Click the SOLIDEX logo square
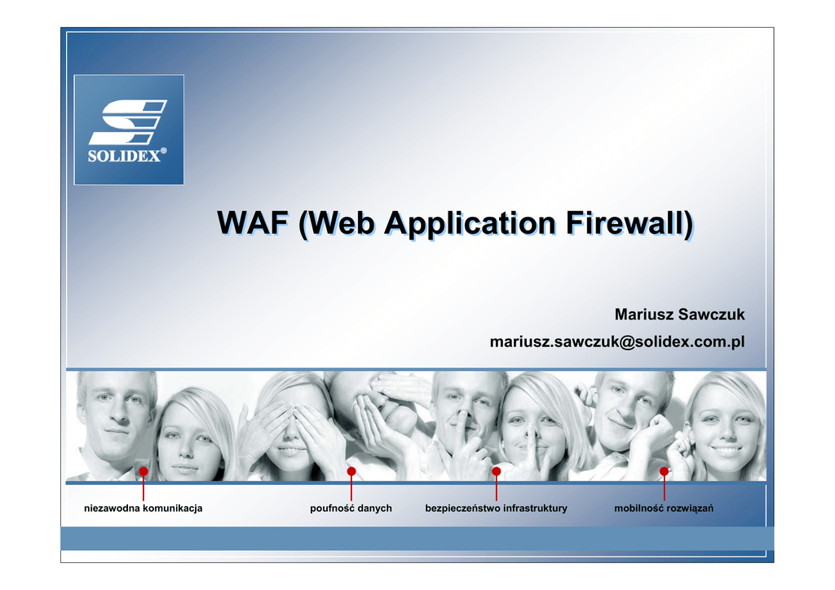point(129,130)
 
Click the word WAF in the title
point(253,223)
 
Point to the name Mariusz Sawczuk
point(679,315)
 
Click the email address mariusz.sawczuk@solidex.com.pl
point(617,341)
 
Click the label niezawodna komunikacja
point(144,508)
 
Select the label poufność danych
point(351,508)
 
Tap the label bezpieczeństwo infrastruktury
point(497,508)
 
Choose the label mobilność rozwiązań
point(664,508)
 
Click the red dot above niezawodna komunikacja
point(144,471)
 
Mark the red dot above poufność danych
point(351,471)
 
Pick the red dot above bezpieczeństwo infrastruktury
point(497,471)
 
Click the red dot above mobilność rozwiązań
point(664,471)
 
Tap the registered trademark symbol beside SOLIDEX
point(163,151)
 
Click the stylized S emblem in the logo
point(128,122)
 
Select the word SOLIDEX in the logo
point(124,156)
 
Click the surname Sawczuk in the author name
point(712,315)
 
